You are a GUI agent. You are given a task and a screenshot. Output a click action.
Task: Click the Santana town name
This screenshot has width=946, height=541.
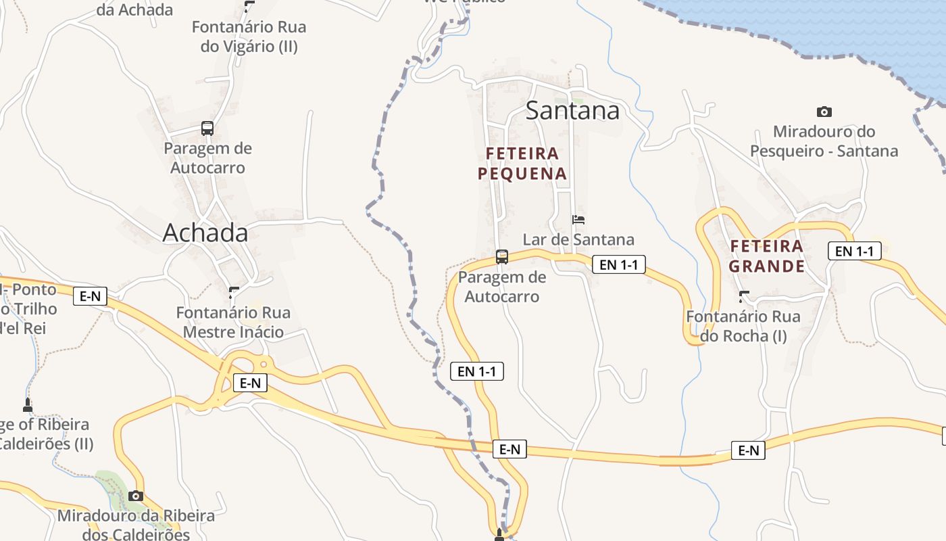(x=572, y=110)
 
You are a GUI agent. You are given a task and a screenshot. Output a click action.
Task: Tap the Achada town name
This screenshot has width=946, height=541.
(x=205, y=233)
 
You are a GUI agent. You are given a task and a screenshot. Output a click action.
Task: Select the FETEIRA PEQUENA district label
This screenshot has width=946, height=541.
(x=522, y=164)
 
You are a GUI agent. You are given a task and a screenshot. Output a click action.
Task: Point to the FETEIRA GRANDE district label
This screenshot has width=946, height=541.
(x=766, y=256)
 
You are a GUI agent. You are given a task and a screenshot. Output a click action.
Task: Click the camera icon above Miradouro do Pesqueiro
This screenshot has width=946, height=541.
(x=824, y=112)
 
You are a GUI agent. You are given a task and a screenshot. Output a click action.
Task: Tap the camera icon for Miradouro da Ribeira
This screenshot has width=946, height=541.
(x=136, y=496)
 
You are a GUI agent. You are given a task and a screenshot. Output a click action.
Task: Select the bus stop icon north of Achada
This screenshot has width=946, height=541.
(x=207, y=128)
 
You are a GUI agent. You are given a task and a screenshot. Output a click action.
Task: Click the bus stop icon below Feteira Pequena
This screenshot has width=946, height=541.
(x=501, y=256)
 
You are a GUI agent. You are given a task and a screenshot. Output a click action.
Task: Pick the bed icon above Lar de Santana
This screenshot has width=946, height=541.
(x=578, y=220)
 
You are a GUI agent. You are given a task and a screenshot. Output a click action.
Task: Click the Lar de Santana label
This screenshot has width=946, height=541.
(x=578, y=239)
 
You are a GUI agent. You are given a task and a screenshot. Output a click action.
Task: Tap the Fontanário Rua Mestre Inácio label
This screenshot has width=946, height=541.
(x=233, y=323)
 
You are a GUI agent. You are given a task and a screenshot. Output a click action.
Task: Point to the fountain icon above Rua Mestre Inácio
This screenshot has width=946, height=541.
(x=234, y=292)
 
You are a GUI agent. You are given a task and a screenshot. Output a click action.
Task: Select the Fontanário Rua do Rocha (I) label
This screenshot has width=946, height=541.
(x=743, y=326)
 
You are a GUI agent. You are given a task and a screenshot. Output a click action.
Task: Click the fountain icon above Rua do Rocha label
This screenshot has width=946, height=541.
(x=744, y=296)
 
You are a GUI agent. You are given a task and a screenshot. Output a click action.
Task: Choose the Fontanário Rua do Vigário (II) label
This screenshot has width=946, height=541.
(x=249, y=37)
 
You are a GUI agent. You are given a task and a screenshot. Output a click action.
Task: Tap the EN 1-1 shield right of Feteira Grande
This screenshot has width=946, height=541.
(x=854, y=251)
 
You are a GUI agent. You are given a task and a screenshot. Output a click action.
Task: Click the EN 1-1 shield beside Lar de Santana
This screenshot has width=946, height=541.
(x=618, y=264)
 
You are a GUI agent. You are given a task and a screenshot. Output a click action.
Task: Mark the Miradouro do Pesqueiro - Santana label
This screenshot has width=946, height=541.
(x=824, y=141)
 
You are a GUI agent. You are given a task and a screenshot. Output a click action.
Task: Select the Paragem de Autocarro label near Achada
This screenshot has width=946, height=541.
(x=207, y=158)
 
